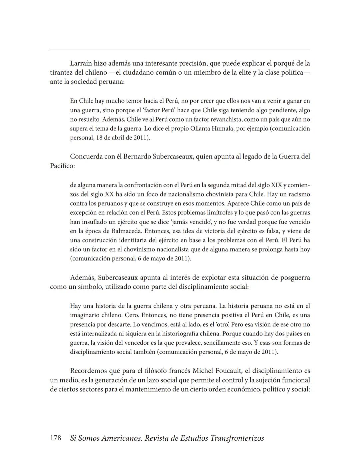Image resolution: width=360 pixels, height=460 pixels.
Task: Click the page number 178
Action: [55, 438]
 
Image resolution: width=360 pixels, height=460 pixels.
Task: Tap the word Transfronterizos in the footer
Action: [237, 438]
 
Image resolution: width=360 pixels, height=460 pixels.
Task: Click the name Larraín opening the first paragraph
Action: [81, 63]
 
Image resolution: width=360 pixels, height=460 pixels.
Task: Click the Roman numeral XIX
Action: [276, 185]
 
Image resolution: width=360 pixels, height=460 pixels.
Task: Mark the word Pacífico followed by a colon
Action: [62, 166]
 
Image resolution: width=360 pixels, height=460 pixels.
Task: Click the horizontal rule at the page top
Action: [180, 50]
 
